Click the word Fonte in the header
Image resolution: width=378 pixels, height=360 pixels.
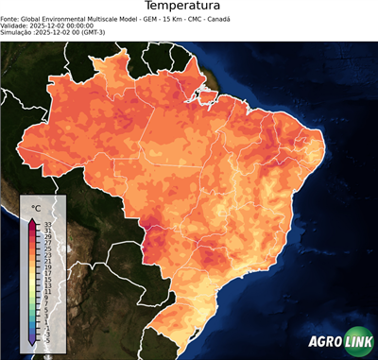point(10,19)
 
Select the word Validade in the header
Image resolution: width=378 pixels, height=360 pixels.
point(15,26)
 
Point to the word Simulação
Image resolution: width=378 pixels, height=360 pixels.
point(18,32)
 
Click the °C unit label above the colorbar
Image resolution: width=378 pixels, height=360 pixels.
point(36,207)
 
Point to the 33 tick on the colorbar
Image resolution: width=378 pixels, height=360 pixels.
point(48,224)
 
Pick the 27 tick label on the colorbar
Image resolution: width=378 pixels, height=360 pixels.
point(48,246)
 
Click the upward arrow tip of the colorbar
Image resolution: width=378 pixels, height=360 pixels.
point(32,219)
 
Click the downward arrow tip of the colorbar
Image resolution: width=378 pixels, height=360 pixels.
point(32,343)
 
